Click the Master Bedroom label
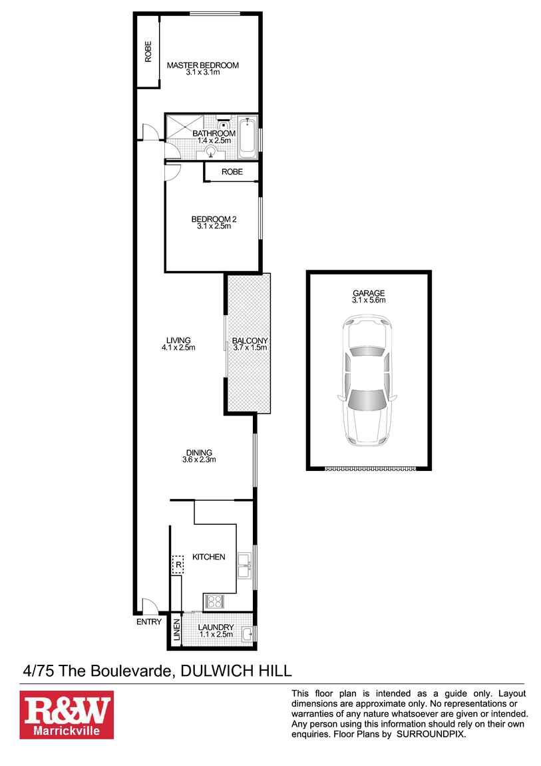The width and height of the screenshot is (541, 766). [x=202, y=65]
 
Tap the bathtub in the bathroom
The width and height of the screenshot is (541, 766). [x=248, y=138]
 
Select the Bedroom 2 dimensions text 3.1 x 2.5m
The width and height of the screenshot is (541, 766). [x=214, y=226]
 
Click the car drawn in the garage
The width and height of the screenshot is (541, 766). [x=368, y=382]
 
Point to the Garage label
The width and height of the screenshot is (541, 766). [x=369, y=293]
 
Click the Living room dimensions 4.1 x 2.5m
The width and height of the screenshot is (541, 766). [x=178, y=348]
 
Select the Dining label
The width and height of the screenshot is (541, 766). [x=199, y=453]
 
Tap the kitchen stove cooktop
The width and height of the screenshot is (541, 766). [x=214, y=601]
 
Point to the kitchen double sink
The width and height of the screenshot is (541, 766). [x=244, y=565]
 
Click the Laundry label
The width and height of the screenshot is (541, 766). [x=216, y=627]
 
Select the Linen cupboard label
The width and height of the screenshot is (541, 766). [x=177, y=631]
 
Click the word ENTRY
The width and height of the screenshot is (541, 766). [x=148, y=622]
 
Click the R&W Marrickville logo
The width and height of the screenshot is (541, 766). [x=67, y=714]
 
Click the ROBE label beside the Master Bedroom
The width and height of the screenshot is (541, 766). [x=148, y=52]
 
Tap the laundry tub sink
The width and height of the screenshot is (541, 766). [x=246, y=633]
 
